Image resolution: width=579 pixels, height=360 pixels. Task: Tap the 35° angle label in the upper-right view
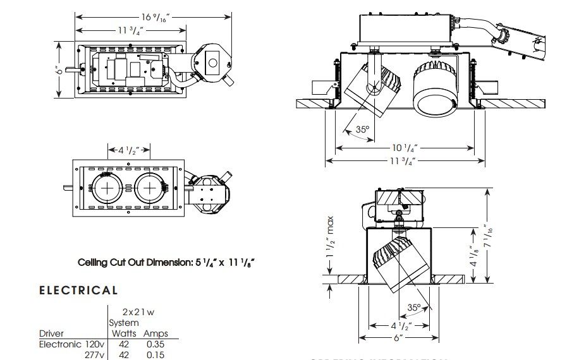(362, 129)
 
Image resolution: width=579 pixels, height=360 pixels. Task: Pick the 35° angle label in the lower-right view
(413, 308)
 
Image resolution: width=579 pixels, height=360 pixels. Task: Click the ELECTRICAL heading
(78, 291)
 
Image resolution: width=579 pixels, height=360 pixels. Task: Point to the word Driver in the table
(51, 333)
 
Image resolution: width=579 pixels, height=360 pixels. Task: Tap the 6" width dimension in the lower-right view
(399, 338)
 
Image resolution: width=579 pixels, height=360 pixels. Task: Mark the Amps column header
(155, 333)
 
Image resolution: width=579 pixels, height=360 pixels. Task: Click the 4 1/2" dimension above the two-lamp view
(129, 150)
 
